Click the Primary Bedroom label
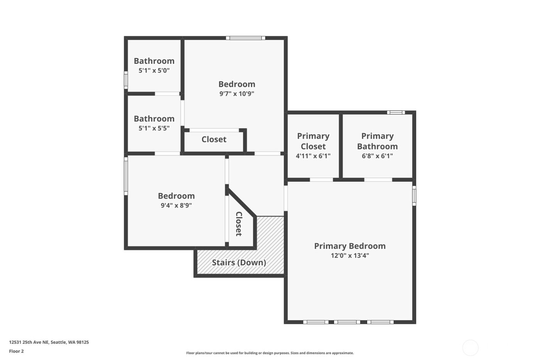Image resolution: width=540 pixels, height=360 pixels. pyautogui.click(x=349, y=246)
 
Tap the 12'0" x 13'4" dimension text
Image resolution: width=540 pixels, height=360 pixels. pyautogui.click(x=349, y=255)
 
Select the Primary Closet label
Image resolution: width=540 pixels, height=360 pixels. pyautogui.click(x=313, y=141)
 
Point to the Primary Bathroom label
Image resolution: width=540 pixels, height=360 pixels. pyautogui.click(x=377, y=141)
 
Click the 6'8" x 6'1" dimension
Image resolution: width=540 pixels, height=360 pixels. pyautogui.click(x=377, y=156)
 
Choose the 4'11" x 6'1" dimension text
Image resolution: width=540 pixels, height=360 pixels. pyautogui.click(x=313, y=156)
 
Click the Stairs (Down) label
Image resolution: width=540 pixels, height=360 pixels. pyautogui.click(x=239, y=263)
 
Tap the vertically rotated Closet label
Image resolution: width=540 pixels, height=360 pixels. pyautogui.click(x=239, y=224)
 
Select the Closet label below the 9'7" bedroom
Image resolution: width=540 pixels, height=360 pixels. pyautogui.click(x=214, y=140)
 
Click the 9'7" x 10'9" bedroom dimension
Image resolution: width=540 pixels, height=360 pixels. pyautogui.click(x=236, y=94)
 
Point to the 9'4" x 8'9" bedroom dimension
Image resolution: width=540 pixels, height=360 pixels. pyautogui.click(x=176, y=206)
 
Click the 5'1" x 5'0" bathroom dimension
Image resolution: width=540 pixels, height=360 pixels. pyautogui.click(x=154, y=71)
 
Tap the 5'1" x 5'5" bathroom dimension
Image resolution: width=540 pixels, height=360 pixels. pyautogui.click(x=154, y=128)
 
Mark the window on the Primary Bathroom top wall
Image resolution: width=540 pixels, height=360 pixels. pyautogui.click(x=396, y=113)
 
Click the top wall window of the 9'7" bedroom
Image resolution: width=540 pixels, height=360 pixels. pyautogui.click(x=246, y=38)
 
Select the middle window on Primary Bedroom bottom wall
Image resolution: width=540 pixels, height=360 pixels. pyautogui.click(x=346, y=322)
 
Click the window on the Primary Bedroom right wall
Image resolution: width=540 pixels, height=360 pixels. pyautogui.click(x=414, y=195)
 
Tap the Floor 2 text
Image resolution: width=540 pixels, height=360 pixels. pyautogui.click(x=17, y=351)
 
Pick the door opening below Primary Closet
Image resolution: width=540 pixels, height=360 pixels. pyautogui.click(x=321, y=180)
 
